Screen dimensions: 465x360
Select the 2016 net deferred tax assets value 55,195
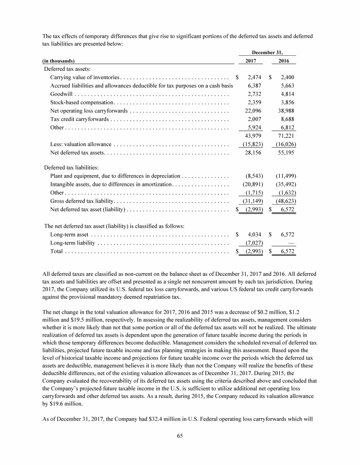coord(285,153)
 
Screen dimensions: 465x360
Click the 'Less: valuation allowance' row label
coord(81,144)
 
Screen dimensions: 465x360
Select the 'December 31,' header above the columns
coord(267,52)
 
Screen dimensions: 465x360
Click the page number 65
coord(180,436)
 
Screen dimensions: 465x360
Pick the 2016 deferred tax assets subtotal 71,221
coord(285,136)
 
